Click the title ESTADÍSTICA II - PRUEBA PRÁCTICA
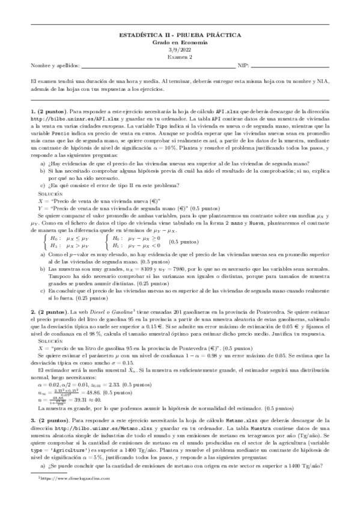tap(180, 37)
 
